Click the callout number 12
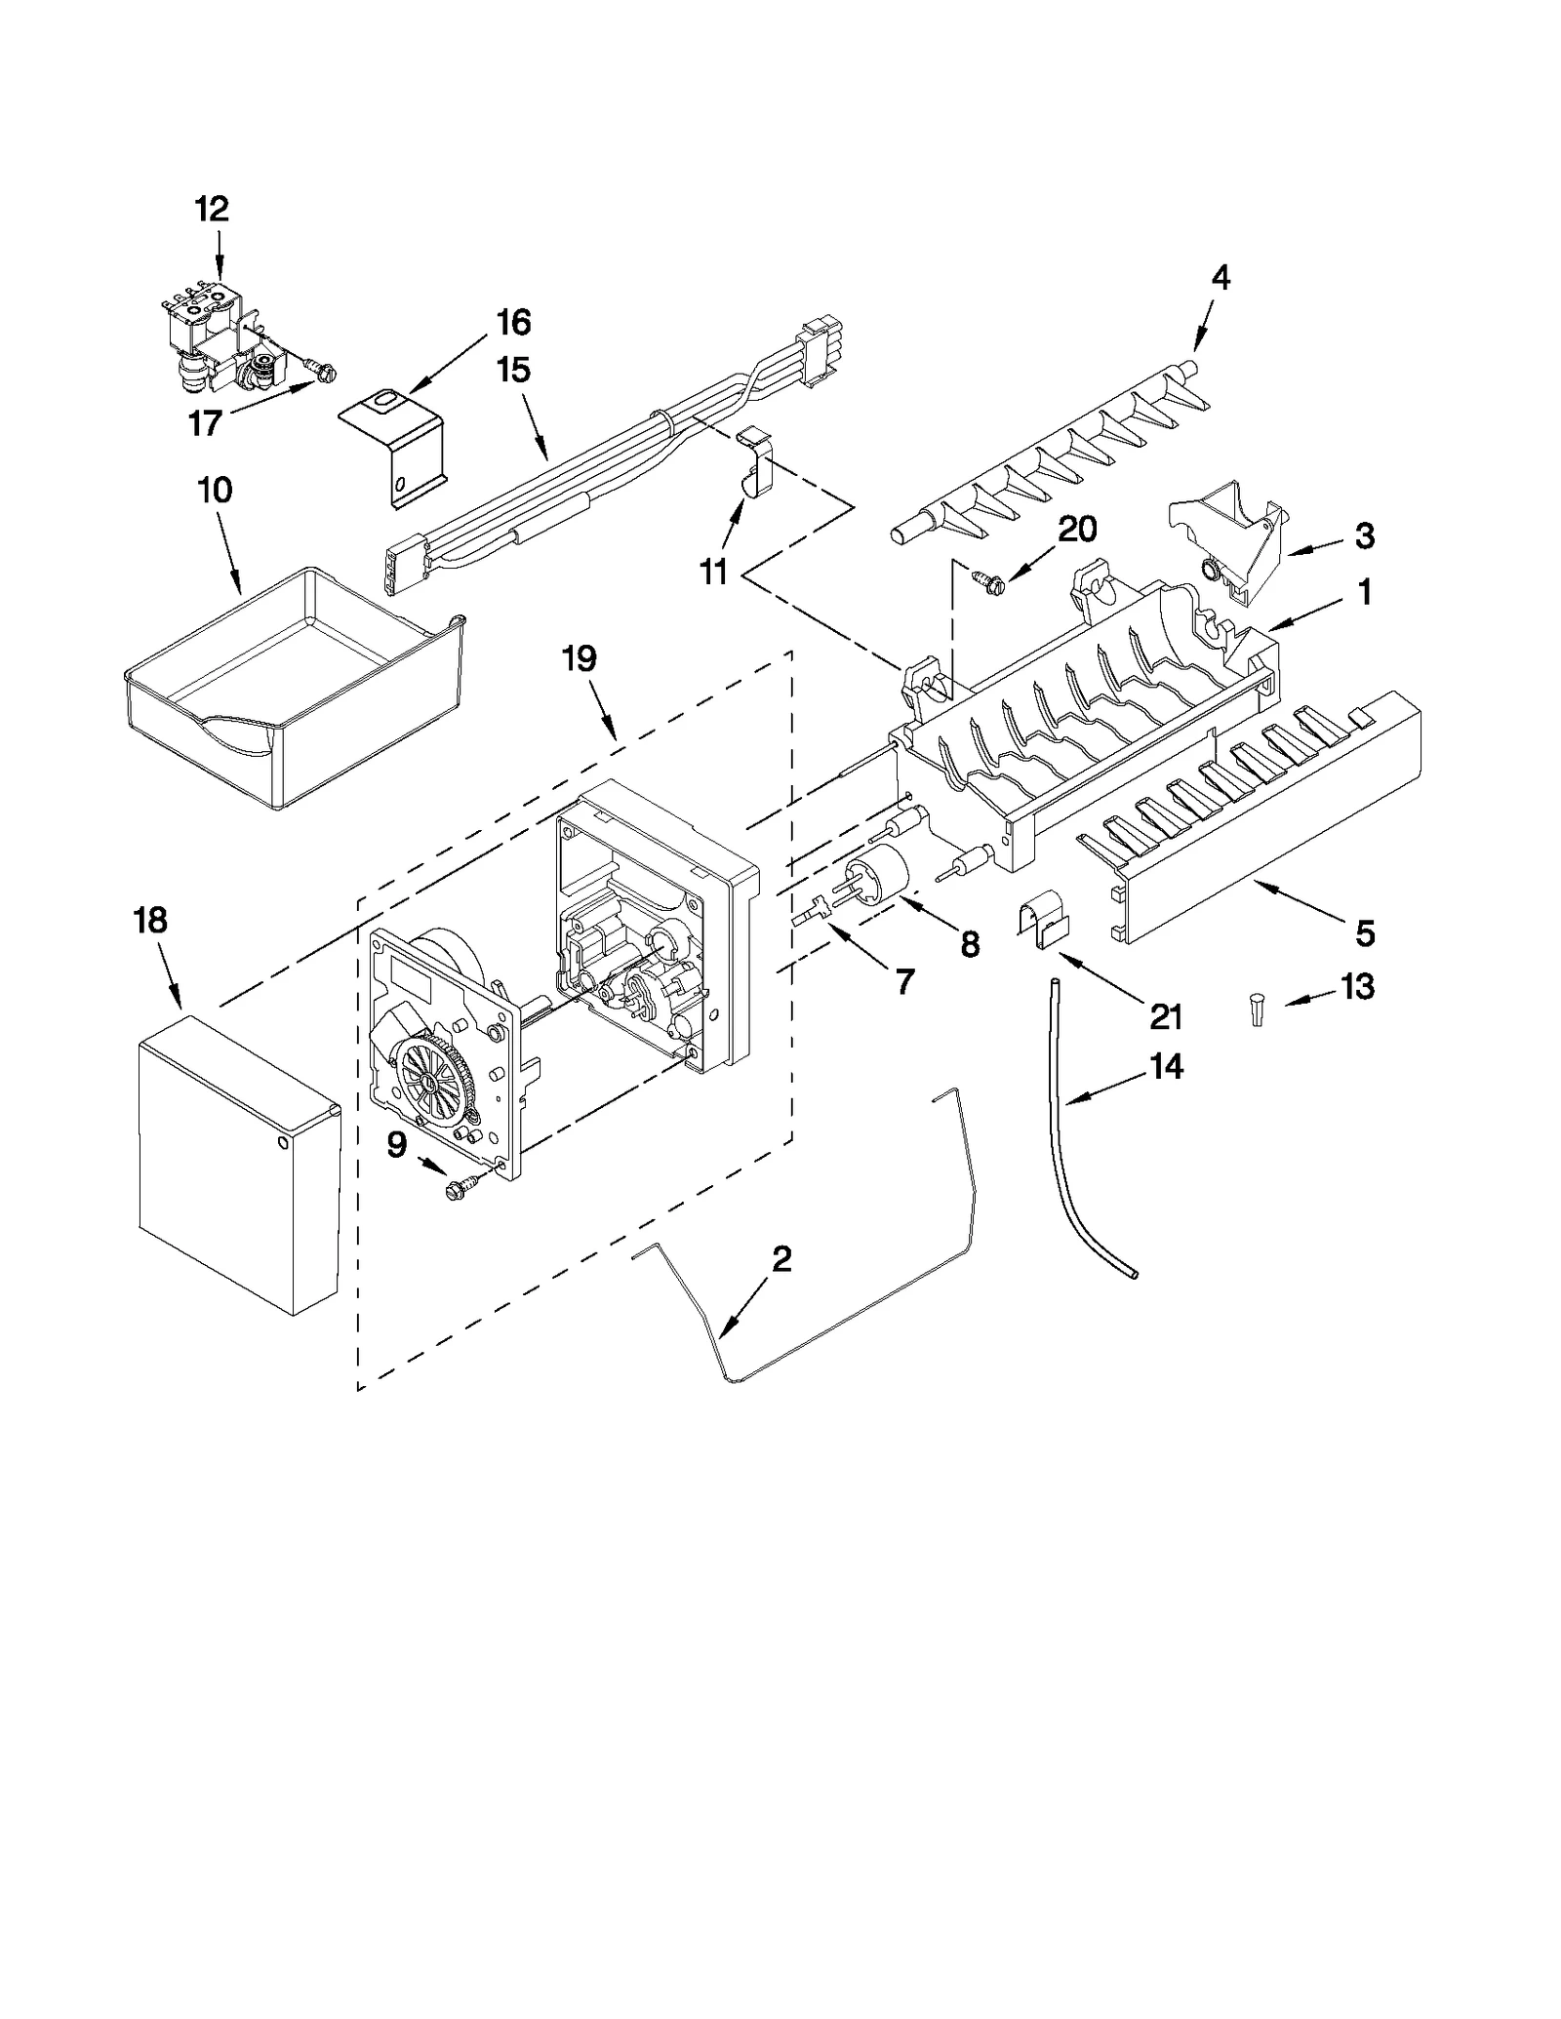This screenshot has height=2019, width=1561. point(212,209)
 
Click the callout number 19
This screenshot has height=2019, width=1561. point(579,658)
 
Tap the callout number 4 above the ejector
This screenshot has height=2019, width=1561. point(1221,278)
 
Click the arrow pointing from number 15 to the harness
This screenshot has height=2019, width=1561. point(536,436)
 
